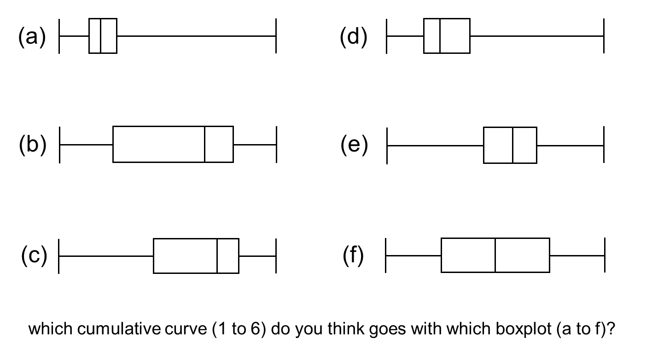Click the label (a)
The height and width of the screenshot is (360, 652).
(x=32, y=37)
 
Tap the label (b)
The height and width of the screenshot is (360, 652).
(x=33, y=145)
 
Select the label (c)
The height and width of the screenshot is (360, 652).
(x=34, y=256)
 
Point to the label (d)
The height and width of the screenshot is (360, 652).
(x=354, y=37)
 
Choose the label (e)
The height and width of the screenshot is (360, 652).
(x=354, y=145)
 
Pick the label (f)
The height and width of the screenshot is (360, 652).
(x=354, y=256)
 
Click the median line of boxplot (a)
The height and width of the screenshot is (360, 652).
(x=100, y=36)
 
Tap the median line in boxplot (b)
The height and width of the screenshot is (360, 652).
(x=204, y=144)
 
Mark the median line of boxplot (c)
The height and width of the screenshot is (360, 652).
(x=217, y=256)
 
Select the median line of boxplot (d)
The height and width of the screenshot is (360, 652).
(x=440, y=36)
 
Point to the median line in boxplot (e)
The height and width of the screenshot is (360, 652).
(x=512, y=145)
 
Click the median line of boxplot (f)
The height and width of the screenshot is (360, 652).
(x=495, y=255)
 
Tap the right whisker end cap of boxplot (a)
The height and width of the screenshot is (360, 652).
(x=276, y=36)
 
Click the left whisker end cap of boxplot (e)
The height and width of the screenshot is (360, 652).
(x=387, y=145)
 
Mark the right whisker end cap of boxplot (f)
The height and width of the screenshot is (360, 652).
(x=604, y=255)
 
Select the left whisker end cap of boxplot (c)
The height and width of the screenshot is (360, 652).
(x=59, y=256)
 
